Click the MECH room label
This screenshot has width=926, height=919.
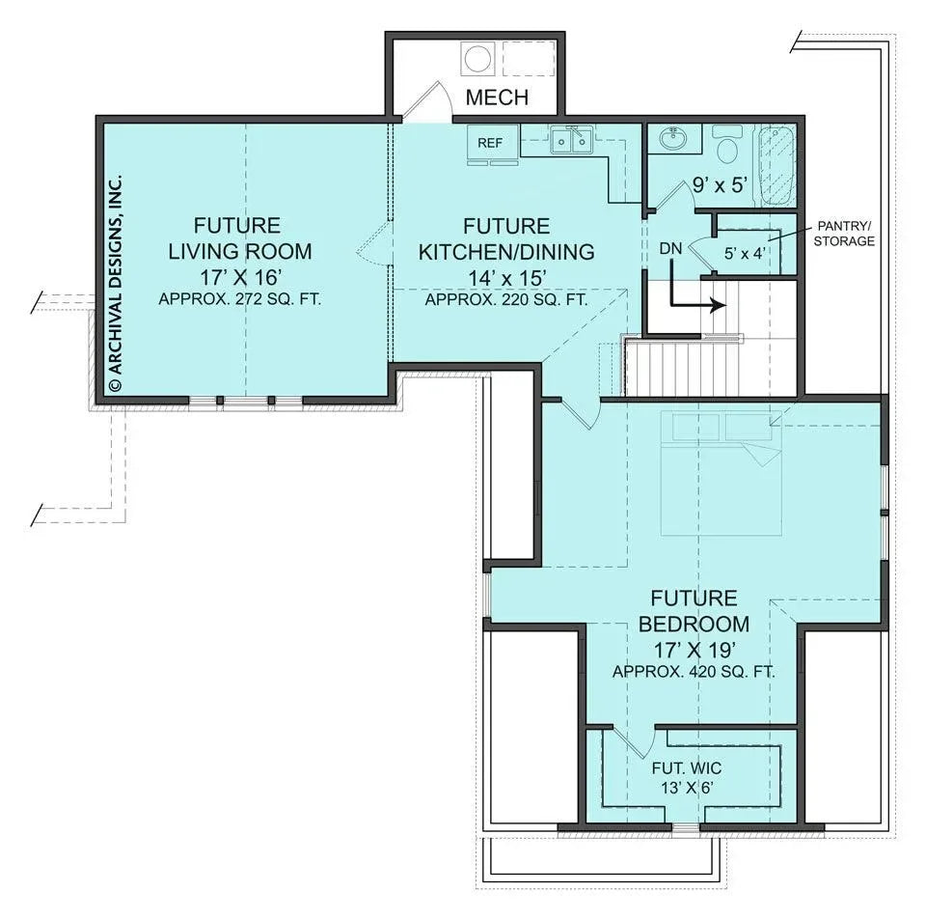pyautogui.click(x=497, y=97)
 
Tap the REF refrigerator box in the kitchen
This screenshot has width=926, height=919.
pyautogui.click(x=490, y=143)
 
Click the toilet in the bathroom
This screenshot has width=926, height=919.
pyautogui.click(x=727, y=145)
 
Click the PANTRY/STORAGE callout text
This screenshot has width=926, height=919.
pyautogui.click(x=843, y=234)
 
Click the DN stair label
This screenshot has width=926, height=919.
pyautogui.click(x=671, y=249)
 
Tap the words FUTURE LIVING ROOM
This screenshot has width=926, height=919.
pyautogui.click(x=239, y=238)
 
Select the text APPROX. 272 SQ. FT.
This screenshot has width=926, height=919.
pyautogui.click(x=239, y=300)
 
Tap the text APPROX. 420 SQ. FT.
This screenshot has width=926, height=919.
pyautogui.click(x=694, y=671)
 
